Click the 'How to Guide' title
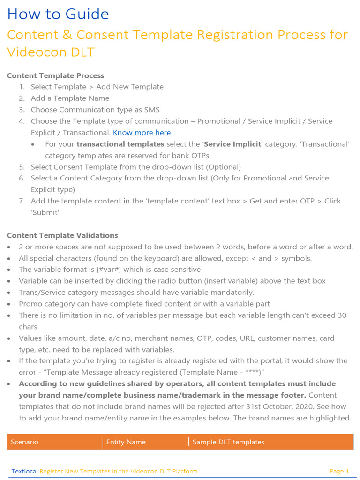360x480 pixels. pyautogui.click(x=58, y=15)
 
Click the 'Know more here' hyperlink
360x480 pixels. pyautogui.click(x=142, y=133)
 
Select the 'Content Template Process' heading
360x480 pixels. pyautogui.click(x=56, y=75)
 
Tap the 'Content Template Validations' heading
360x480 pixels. pyautogui.click(x=62, y=235)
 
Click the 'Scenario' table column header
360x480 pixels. pyautogui.click(x=24, y=442)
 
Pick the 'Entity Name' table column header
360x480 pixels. pyautogui.click(x=126, y=442)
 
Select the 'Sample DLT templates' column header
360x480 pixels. pyautogui.click(x=228, y=442)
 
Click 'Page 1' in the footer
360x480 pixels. pyautogui.click(x=339, y=471)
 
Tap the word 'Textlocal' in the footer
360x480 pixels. pyautogui.click(x=24, y=471)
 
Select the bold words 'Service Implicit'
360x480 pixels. pyautogui.click(x=232, y=144)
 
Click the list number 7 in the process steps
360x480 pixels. pyautogui.click(x=22, y=201)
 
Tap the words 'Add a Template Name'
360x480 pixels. pyautogui.click(x=70, y=98)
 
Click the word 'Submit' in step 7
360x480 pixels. pyautogui.click(x=45, y=212)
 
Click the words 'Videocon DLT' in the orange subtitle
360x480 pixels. pyautogui.click(x=51, y=52)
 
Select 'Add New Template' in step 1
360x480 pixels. pyautogui.click(x=130, y=87)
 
